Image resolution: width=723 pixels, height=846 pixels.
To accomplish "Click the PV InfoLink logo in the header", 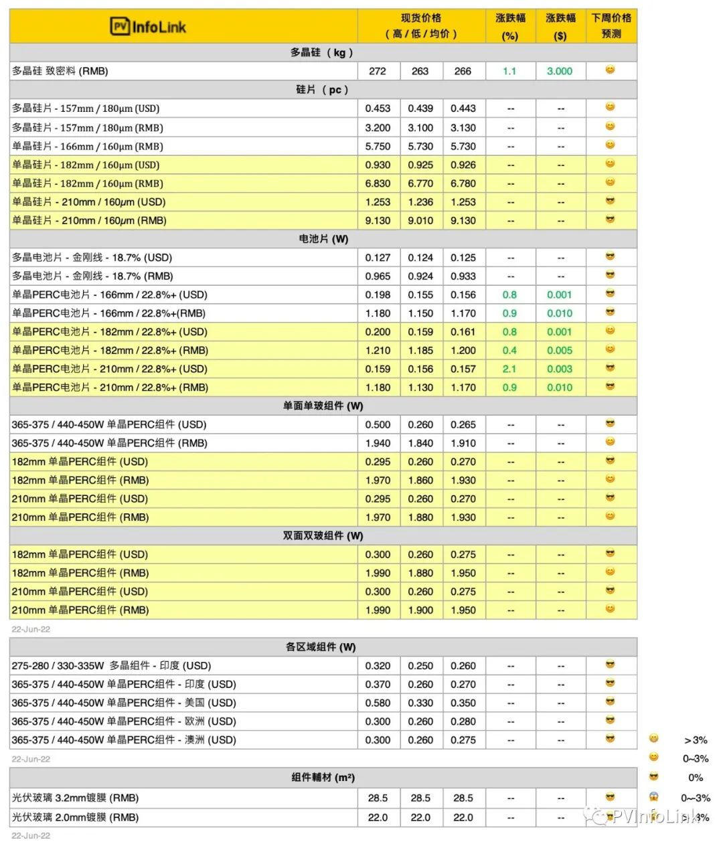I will click(x=148, y=27).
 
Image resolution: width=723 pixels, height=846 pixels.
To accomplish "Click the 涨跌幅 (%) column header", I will click(x=510, y=26).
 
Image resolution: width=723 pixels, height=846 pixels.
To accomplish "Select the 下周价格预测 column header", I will click(x=611, y=25).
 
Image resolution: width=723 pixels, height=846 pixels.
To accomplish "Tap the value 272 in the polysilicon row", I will click(x=378, y=71).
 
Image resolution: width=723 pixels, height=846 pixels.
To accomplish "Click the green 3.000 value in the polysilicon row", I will click(x=560, y=71).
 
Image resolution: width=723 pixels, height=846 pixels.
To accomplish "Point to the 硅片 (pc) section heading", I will click(x=322, y=90).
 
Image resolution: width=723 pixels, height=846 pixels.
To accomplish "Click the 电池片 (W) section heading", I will click(x=323, y=239).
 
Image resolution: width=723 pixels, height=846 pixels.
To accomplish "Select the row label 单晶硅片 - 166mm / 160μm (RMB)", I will click(x=88, y=146).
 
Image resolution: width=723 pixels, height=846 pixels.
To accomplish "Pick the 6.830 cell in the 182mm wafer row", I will click(x=378, y=183).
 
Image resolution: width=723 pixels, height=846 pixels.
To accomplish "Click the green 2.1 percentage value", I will click(x=509, y=369).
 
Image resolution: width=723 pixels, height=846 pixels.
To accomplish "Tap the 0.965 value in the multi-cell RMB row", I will click(x=378, y=276).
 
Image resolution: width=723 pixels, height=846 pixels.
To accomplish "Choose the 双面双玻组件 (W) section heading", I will click(x=323, y=535).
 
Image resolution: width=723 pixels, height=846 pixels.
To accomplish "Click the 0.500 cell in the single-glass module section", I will click(x=378, y=424).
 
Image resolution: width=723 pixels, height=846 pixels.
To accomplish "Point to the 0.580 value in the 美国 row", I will click(x=378, y=703).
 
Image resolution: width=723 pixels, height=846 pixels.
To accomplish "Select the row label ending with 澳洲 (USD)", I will click(x=124, y=740).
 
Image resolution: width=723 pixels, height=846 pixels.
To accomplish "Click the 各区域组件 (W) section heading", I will click(x=321, y=647).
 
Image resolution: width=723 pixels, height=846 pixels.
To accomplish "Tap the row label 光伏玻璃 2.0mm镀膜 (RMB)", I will click(x=75, y=817).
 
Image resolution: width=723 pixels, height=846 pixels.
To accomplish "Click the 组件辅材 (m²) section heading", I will click(x=323, y=778).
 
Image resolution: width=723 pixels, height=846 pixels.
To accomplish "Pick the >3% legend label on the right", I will click(x=696, y=740).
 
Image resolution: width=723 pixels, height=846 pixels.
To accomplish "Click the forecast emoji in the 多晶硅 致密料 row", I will click(x=610, y=70).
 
